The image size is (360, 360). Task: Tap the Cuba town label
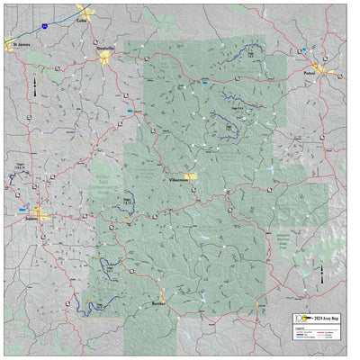(82, 19)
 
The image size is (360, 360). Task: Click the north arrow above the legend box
(322, 272)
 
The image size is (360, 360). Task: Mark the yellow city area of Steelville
(105, 59)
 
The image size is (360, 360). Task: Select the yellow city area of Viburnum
(190, 176)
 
